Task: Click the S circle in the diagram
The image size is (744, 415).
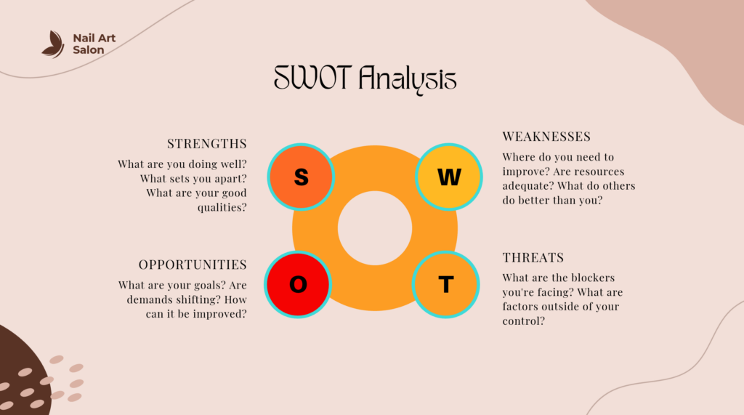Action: (301, 177)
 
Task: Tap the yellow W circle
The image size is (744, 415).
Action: (449, 177)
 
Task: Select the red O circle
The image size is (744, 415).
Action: (298, 284)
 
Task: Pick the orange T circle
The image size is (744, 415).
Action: (446, 284)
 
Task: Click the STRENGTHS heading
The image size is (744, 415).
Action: (207, 143)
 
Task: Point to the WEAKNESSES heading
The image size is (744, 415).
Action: (546, 137)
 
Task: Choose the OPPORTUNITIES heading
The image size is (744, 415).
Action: (193, 265)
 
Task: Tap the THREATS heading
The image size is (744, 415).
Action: (533, 258)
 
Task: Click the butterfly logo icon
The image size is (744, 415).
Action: (53, 44)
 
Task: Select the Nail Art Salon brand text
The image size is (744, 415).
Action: (94, 44)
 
